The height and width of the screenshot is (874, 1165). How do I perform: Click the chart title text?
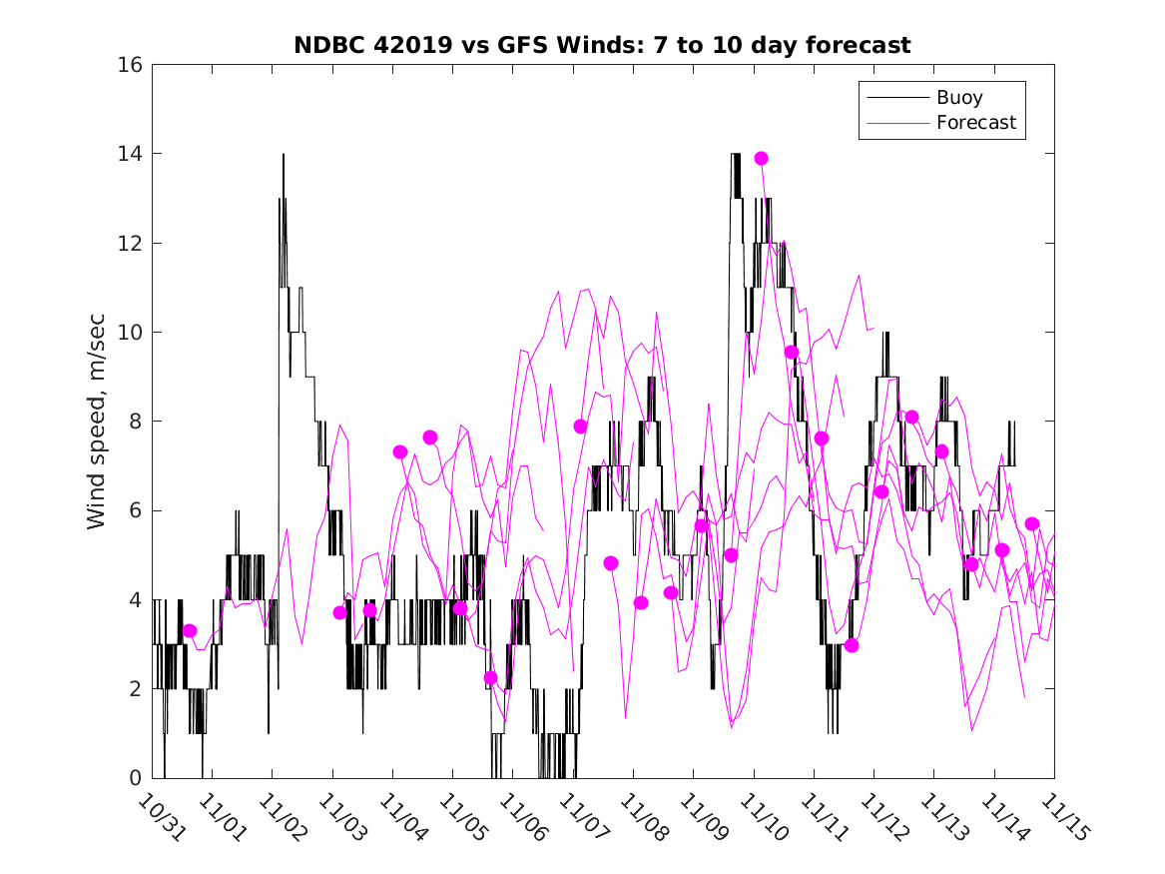602,45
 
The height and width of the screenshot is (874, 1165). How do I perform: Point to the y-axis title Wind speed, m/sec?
97,422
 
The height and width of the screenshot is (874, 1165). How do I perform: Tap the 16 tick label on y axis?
131,65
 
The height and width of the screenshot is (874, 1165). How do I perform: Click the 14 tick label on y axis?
131,154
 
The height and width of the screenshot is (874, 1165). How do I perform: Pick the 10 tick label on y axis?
131,333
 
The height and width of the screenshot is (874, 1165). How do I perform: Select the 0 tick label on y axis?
137,778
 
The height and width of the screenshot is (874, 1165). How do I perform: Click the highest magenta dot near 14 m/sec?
761,158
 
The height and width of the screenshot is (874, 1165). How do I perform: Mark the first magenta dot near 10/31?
190,630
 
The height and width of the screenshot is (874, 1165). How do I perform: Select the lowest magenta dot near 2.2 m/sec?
490,677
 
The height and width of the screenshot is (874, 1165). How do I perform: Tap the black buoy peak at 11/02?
284,155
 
